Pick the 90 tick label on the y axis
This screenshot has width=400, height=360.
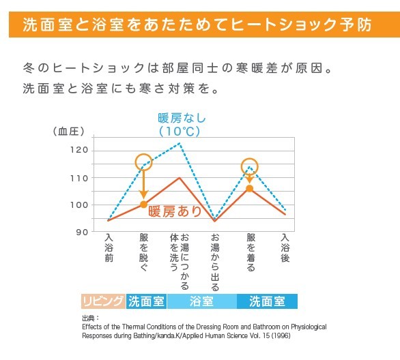(x=83, y=232)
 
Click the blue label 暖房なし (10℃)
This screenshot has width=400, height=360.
(x=182, y=123)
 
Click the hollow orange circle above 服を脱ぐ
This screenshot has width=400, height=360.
(x=143, y=162)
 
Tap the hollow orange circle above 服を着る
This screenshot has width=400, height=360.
(x=250, y=166)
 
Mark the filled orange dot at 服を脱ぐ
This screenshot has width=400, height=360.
(x=143, y=205)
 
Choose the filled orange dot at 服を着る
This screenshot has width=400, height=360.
(x=250, y=188)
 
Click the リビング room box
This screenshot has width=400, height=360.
(x=103, y=301)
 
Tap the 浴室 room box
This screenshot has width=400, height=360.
(x=201, y=301)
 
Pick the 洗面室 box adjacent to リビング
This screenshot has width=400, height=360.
(x=146, y=301)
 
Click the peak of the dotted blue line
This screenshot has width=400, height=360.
(x=180, y=143)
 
